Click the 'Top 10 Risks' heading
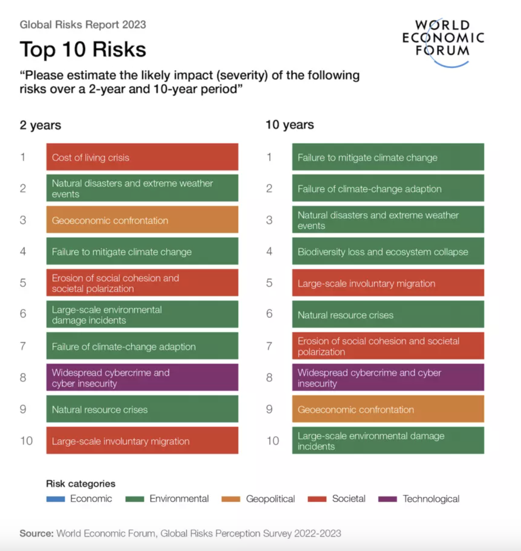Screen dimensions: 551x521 pyautogui.click(x=83, y=49)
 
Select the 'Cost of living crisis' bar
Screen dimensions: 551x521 pyautogui.click(x=142, y=157)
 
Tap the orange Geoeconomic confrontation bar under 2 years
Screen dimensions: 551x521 pyautogui.click(x=142, y=220)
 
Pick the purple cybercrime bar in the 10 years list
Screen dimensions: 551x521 pyautogui.click(x=388, y=377)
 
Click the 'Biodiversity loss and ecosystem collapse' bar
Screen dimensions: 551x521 pyautogui.click(x=388, y=251)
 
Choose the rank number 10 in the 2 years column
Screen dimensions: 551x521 pyautogui.click(x=26, y=441)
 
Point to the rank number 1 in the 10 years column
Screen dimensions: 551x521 pyautogui.click(x=269, y=157)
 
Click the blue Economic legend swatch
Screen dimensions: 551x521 pyautogui.click(x=55, y=499)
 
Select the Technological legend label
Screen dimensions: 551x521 pyautogui.click(x=430, y=499)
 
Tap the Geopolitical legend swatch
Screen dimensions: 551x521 pyautogui.click(x=231, y=499)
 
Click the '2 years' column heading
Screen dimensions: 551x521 pyautogui.click(x=40, y=125)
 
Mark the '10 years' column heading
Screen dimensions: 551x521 pyautogui.click(x=290, y=125)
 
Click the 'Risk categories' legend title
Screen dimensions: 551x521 pyautogui.click(x=81, y=484)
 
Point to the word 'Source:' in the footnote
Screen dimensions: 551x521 pyautogui.click(x=36, y=533)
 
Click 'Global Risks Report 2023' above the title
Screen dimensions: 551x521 pyautogui.click(x=83, y=24)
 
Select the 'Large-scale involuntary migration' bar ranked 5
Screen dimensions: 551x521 pyautogui.click(x=388, y=283)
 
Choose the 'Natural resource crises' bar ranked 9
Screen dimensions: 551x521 pyautogui.click(x=142, y=409)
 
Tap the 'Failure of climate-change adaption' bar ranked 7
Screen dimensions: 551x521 pyautogui.click(x=142, y=346)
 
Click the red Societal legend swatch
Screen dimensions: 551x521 pyautogui.click(x=317, y=499)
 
